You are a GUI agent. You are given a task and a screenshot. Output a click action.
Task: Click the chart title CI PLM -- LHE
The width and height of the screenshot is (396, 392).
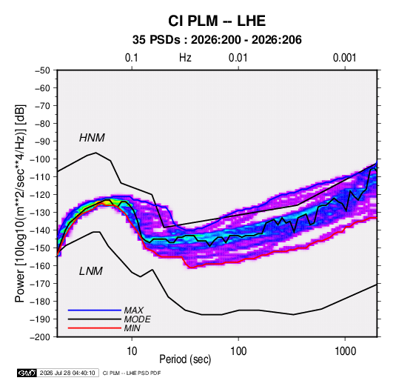[x=217, y=21]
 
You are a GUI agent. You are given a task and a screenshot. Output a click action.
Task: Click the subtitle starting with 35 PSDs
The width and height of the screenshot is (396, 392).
[x=217, y=40]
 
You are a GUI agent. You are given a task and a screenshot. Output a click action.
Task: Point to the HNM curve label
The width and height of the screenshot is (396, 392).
[x=92, y=138]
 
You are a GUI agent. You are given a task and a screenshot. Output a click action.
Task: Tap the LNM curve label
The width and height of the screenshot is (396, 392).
[x=91, y=271]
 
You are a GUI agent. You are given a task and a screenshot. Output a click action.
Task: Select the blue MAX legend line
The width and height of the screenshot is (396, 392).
[x=95, y=310]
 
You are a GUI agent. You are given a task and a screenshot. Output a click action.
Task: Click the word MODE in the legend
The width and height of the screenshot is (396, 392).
[x=138, y=319]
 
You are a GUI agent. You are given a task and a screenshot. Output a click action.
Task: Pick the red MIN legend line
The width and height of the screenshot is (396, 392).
[x=95, y=328]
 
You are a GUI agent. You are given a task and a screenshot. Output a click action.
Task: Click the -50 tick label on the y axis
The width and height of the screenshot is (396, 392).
[x=42, y=70]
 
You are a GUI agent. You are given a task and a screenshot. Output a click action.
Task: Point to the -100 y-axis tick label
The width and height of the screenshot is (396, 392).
[x=40, y=159]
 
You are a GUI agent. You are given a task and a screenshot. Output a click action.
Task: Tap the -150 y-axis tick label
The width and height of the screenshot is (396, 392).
[x=40, y=248]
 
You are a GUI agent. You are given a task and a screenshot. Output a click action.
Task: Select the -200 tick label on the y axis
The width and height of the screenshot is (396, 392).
[x=40, y=337]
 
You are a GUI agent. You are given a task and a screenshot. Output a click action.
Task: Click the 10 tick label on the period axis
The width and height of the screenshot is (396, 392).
[x=132, y=351]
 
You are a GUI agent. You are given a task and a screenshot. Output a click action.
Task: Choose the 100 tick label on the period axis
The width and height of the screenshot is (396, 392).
[x=238, y=351]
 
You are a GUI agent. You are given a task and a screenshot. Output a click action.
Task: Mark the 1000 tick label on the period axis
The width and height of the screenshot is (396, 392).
[x=345, y=351]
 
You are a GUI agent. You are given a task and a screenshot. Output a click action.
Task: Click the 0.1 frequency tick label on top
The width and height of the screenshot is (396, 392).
[x=132, y=58]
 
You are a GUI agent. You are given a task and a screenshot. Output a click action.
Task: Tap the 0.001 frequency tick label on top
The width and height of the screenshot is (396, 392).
[x=344, y=58]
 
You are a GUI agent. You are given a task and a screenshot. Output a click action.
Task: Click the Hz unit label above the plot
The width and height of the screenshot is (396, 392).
[x=185, y=58]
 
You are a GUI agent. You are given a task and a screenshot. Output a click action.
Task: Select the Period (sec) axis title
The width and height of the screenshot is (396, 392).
[x=185, y=359]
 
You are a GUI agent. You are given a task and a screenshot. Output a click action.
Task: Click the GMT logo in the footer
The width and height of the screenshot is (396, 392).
[x=27, y=373]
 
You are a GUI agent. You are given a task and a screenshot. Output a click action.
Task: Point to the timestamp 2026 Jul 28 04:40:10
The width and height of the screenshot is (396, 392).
[x=67, y=373]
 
